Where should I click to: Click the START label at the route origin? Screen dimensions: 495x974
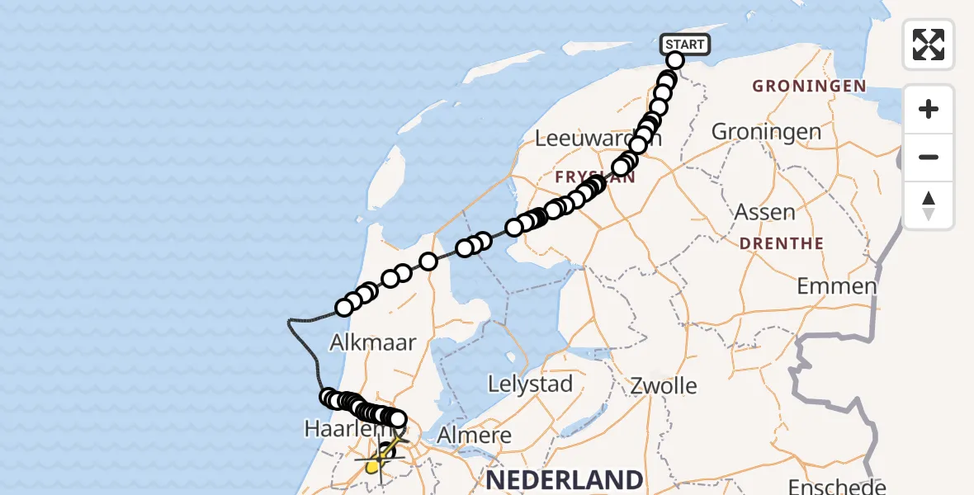[x=685, y=45]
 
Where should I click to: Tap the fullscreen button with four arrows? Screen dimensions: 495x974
[x=929, y=45]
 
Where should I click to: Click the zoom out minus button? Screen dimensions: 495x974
[x=929, y=157]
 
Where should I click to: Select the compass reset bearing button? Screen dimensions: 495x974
[x=929, y=205]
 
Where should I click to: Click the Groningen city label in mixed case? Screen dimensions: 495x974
[x=766, y=131]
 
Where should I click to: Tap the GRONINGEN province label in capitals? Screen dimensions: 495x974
[x=809, y=87]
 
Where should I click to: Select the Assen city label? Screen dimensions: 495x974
[x=765, y=212]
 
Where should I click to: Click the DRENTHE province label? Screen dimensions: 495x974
[x=782, y=244]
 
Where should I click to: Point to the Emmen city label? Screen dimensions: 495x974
[x=836, y=287]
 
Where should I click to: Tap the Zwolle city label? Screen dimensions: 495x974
[x=663, y=385]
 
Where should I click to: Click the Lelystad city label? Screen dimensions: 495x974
[x=530, y=384]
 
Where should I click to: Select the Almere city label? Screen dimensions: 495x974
[x=474, y=436]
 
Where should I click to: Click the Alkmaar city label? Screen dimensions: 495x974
[x=372, y=342]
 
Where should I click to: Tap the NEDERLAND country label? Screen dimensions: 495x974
[x=565, y=479]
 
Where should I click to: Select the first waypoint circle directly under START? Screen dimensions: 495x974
[x=675, y=60]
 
